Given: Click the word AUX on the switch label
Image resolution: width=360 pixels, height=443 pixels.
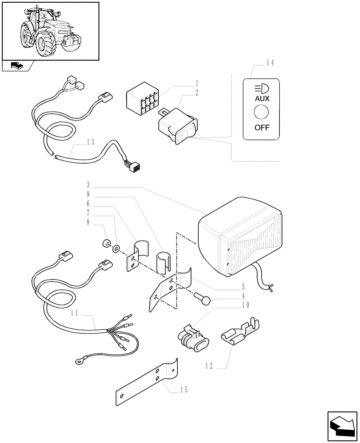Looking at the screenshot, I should click(x=261, y=99).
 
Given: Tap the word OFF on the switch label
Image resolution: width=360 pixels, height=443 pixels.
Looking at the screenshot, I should click(x=261, y=129).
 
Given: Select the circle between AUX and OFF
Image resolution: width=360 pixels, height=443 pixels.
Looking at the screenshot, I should click(x=261, y=114).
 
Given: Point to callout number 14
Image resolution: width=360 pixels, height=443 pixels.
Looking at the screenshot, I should click(x=270, y=63).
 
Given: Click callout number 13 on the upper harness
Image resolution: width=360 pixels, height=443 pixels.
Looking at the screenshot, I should click(x=90, y=142).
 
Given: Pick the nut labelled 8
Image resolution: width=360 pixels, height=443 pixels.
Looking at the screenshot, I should click(x=106, y=244).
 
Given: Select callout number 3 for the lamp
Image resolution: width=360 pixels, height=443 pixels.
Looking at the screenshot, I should click(x=88, y=184).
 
